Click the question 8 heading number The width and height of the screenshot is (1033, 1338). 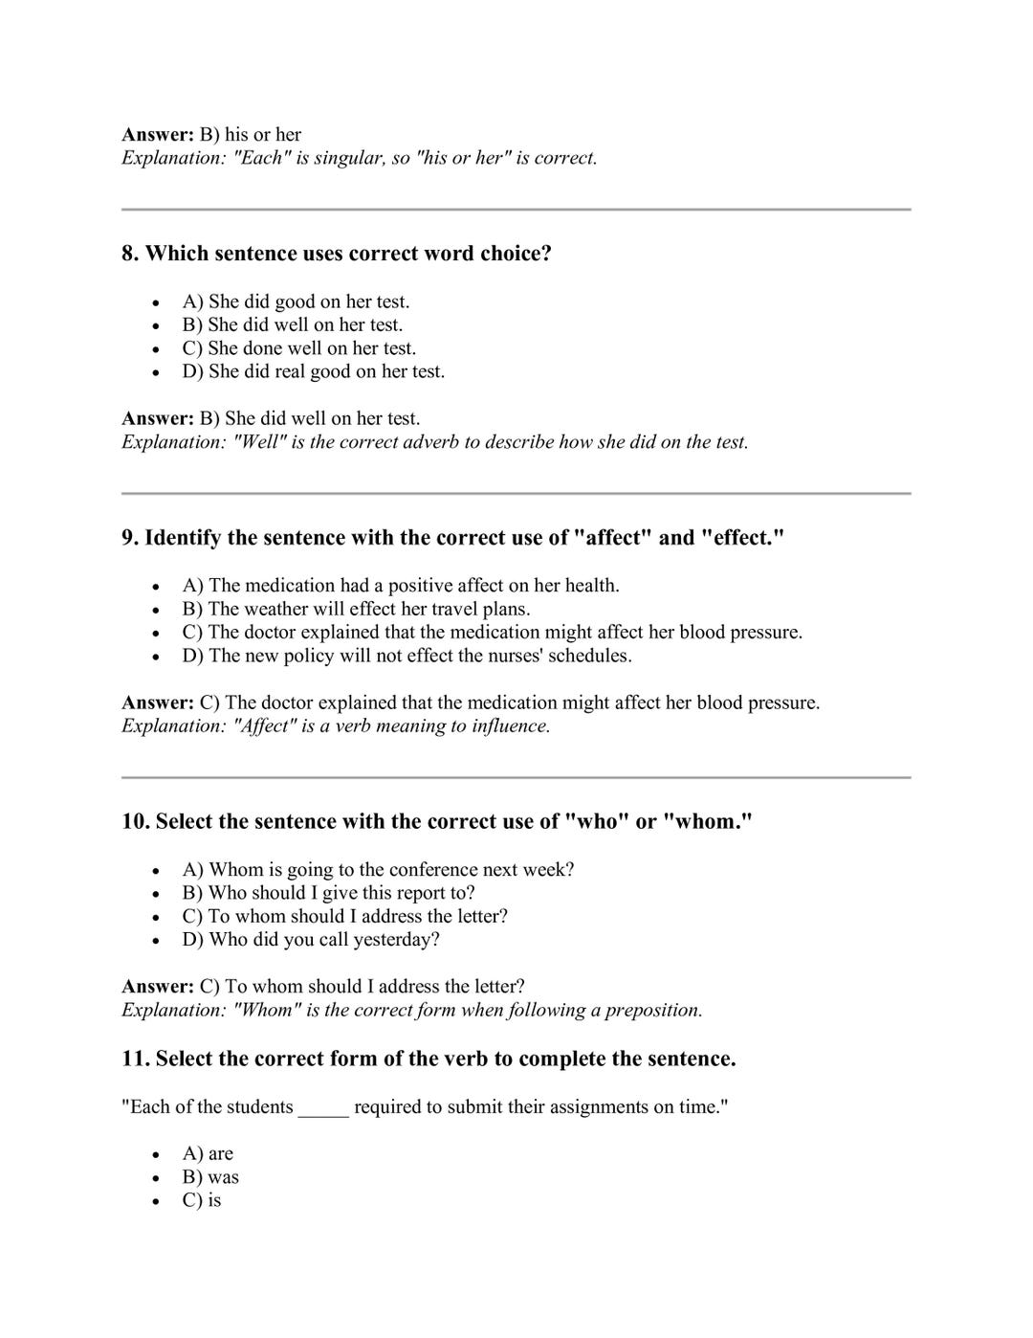click(130, 254)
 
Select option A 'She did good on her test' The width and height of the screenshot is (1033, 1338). click(296, 301)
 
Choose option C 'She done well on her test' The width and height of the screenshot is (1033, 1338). click(298, 348)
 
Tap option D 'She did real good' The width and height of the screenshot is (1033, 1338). click(313, 371)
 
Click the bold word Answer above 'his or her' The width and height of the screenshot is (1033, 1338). click(157, 135)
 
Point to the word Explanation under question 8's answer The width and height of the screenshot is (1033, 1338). click(173, 442)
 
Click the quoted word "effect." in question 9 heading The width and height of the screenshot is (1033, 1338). click(742, 538)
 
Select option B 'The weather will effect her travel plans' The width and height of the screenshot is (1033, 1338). click(356, 609)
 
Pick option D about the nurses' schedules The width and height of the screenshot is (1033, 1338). click(407, 656)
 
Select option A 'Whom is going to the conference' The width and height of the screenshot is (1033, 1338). click(378, 870)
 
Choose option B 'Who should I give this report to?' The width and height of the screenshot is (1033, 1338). click(328, 893)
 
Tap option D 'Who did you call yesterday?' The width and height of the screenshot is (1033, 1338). click(311, 940)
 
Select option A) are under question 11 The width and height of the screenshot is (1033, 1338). click(208, 1154)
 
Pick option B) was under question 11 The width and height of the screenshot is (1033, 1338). click(210, 1177)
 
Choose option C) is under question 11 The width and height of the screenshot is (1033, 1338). click(202, 1201)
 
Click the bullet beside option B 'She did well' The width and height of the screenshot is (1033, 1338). click(155, 326)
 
